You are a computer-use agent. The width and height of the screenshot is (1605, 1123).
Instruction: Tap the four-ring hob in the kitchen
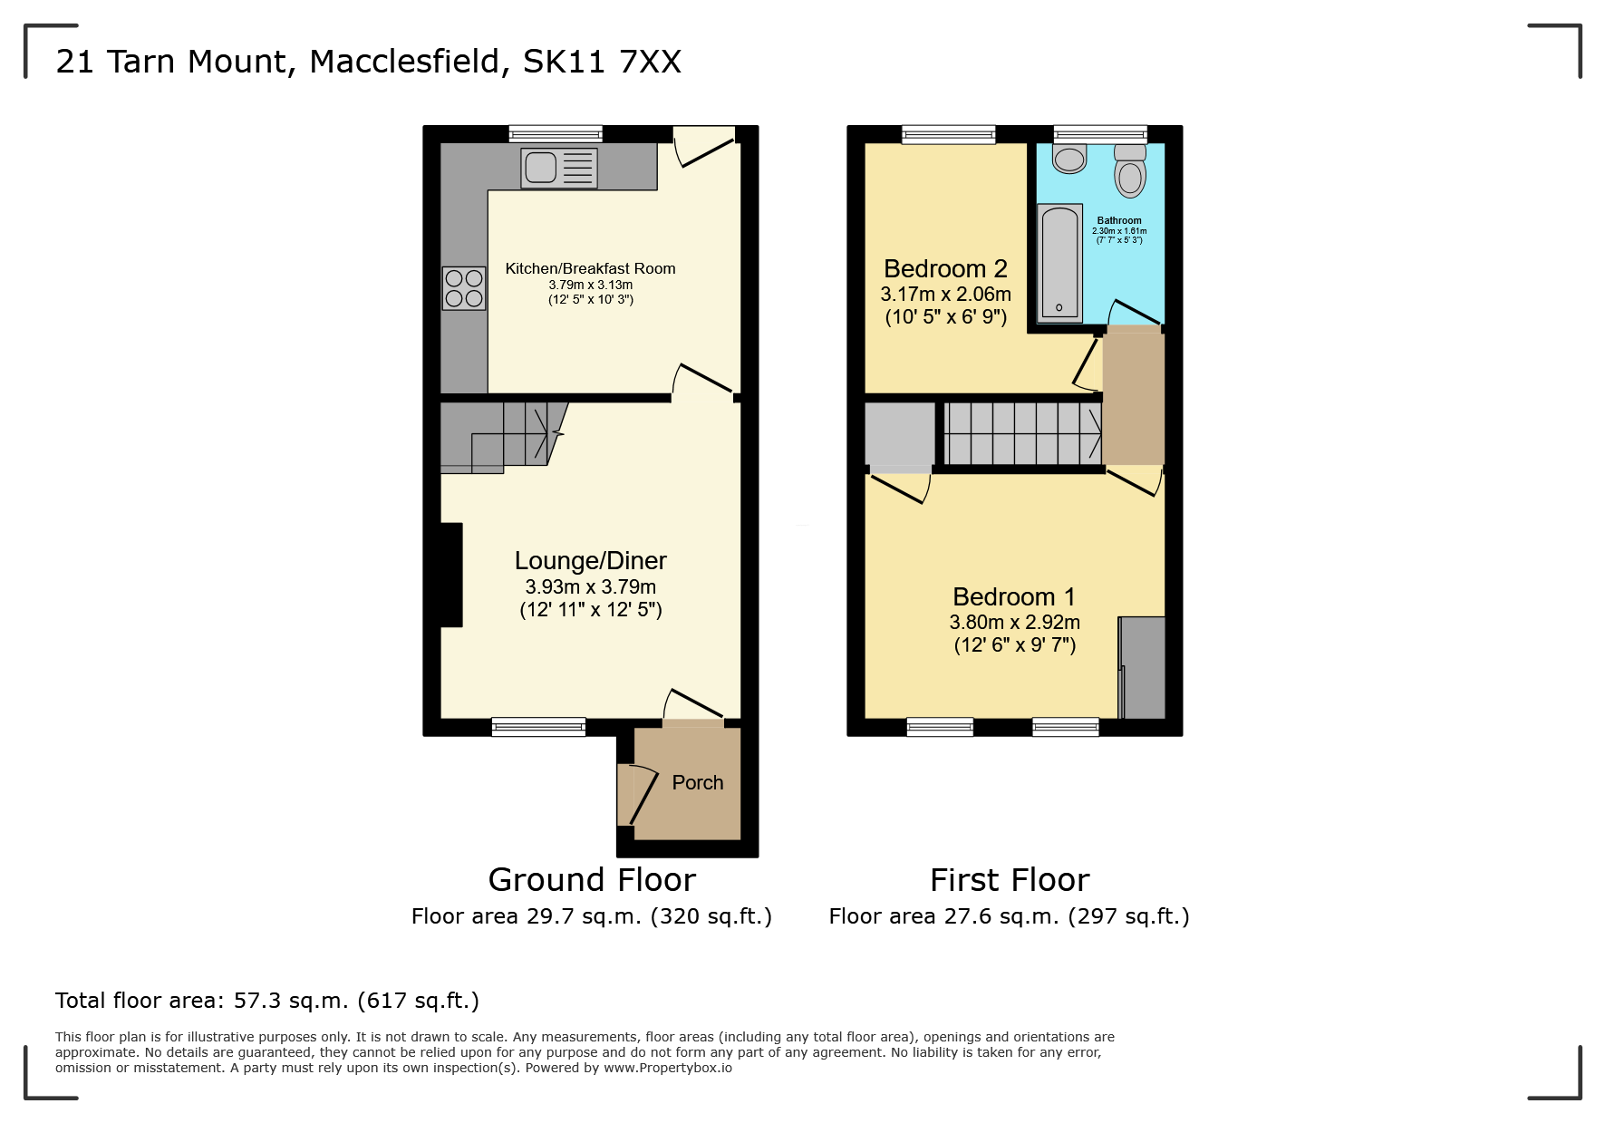click(463, 288)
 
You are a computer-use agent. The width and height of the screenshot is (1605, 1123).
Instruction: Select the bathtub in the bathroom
click(1059, 263)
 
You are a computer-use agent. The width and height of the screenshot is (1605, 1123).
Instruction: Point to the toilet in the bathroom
click(1130, 172)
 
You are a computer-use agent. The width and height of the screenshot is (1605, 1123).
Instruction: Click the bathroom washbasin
click(1069, 159)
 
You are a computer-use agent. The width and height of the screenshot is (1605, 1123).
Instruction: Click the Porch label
click(697, 782)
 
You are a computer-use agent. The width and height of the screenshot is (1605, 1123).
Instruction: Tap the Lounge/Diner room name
click(590, 560)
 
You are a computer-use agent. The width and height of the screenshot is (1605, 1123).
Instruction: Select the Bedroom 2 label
click(945, 268)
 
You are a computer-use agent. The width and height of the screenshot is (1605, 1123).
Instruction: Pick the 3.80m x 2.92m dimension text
click(1014, 622)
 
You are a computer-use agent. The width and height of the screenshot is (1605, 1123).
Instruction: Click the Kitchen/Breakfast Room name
click(590, 268)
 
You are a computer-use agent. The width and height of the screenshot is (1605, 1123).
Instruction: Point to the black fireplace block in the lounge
click(450, 575)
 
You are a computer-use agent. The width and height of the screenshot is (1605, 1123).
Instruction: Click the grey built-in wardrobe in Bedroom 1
click(1142, 667)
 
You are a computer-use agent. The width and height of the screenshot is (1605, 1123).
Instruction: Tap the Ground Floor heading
click(591, 879)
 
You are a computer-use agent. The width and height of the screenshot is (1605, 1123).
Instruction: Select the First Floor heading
click(1010, 879)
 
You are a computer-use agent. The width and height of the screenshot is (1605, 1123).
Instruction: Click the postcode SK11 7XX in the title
click(602, 62)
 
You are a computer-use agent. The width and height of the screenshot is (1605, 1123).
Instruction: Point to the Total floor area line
click(266, 1000)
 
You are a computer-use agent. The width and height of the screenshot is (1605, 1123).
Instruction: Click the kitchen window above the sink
click(555, 134)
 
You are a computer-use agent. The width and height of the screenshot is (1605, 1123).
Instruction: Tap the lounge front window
click(538, 726)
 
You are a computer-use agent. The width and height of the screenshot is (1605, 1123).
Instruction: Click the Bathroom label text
click(1119, 220)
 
